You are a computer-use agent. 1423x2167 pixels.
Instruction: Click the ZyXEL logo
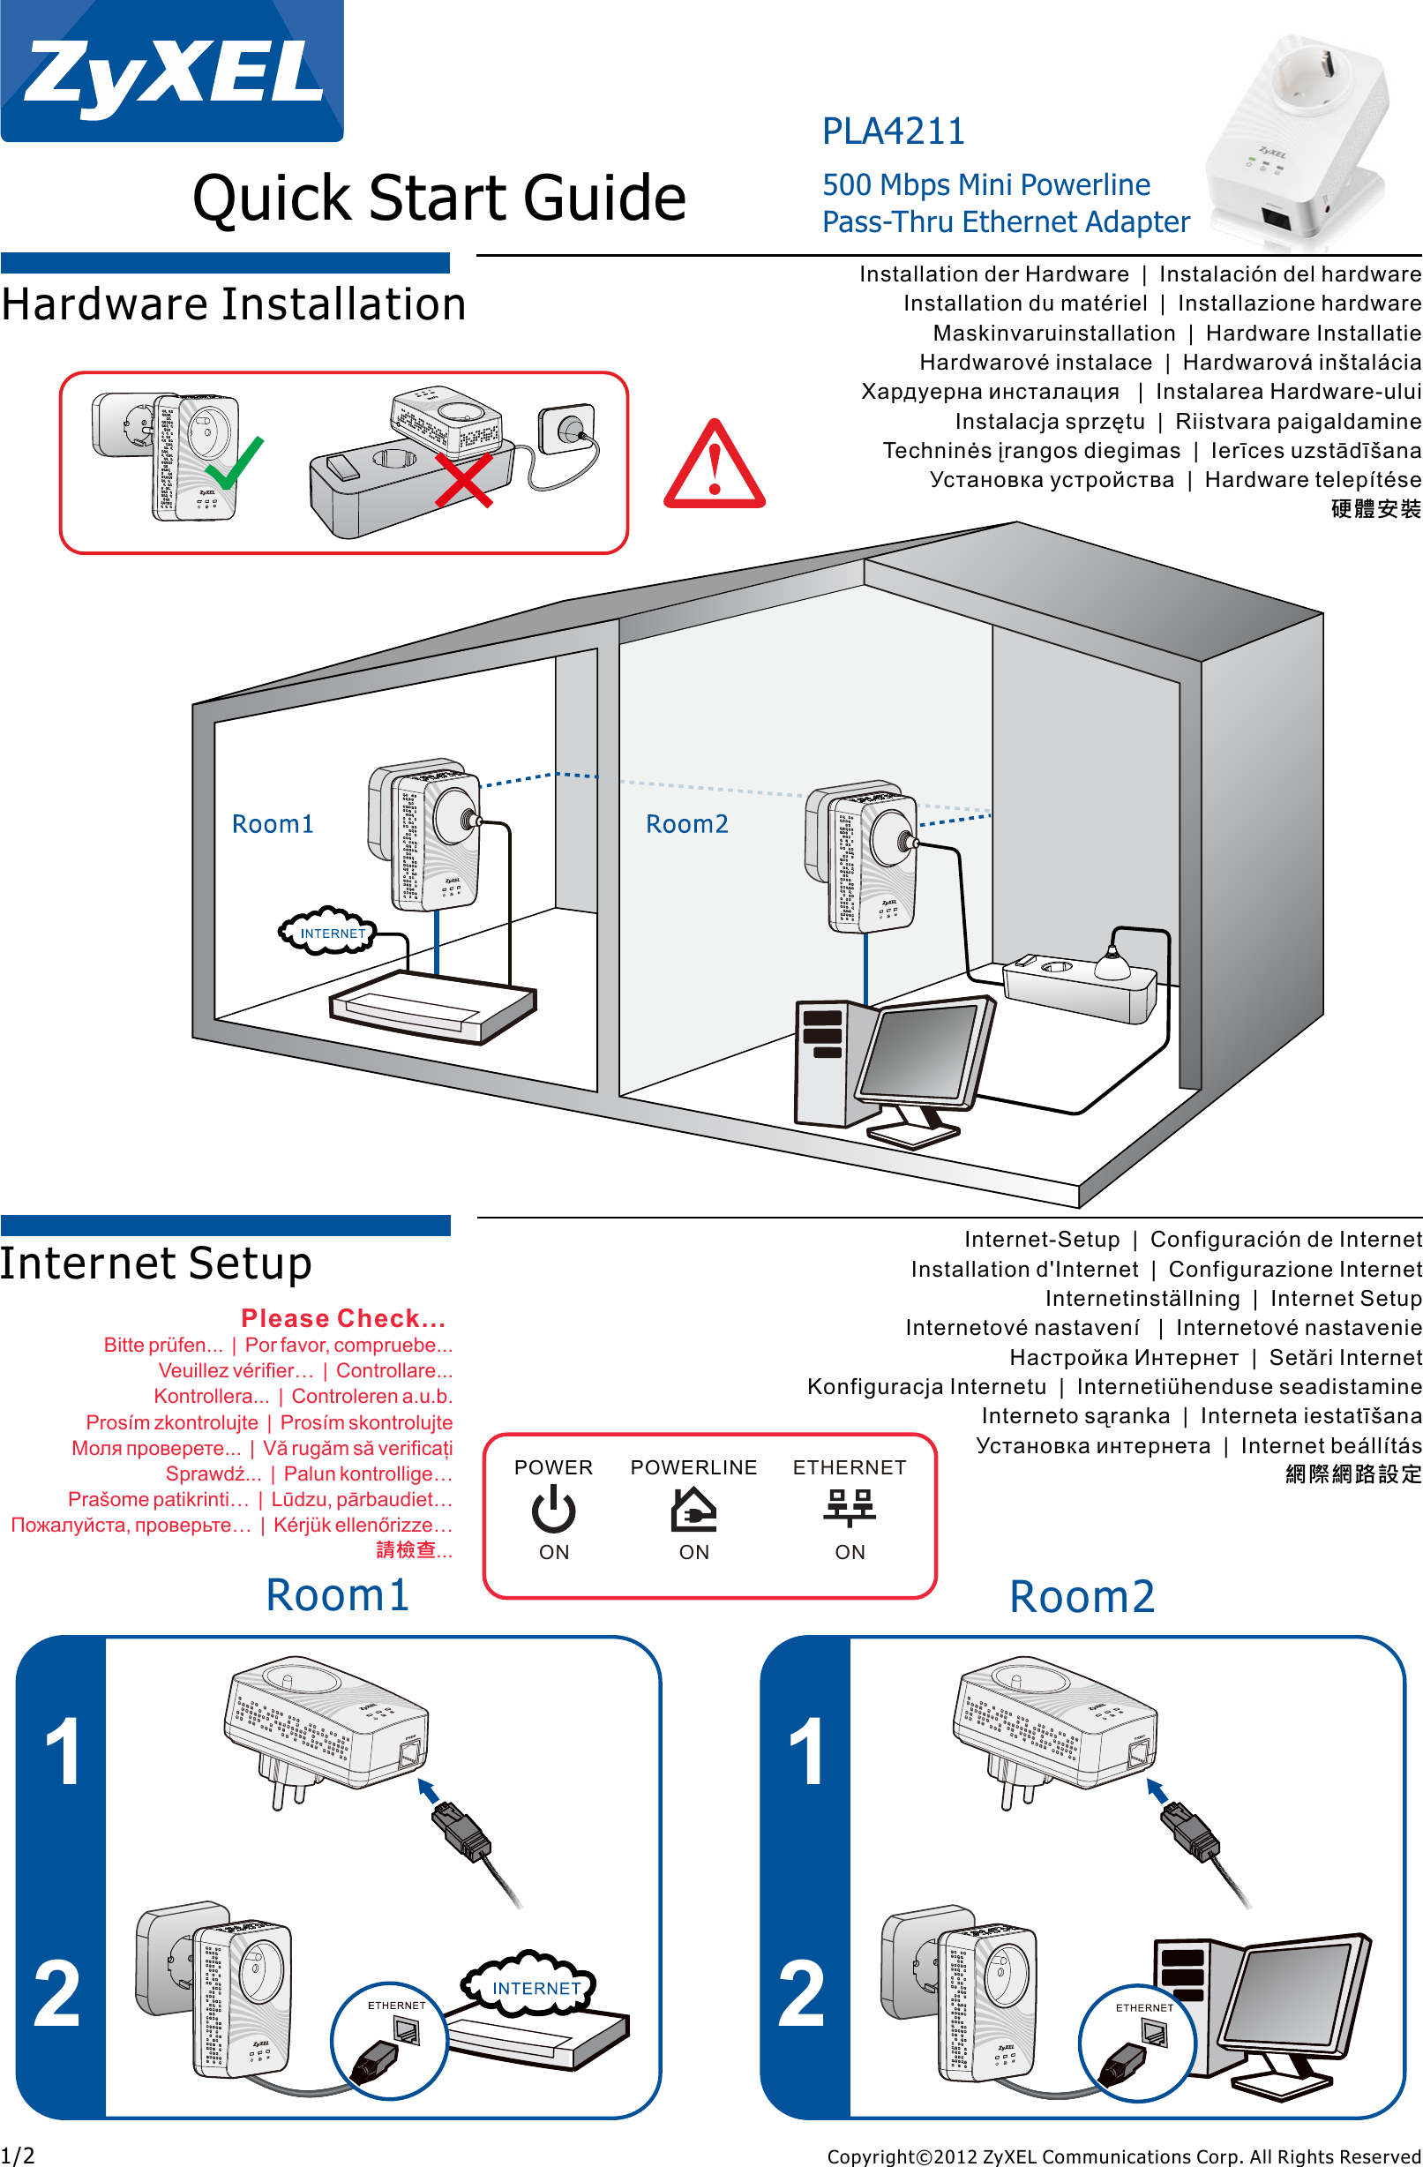coord(172,71)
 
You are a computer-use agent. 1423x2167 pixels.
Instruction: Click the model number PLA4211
coord(892,131)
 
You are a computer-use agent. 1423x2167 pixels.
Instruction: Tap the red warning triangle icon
coord(715,466)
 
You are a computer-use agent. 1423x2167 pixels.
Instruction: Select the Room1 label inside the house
coord(273,824)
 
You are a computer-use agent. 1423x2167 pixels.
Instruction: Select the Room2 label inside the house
coord(686,824)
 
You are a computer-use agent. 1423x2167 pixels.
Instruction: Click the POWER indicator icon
coord(553,1509)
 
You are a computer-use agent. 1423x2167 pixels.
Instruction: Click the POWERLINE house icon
coord(693,1509)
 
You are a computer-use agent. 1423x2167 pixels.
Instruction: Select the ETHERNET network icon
coord(849,1507)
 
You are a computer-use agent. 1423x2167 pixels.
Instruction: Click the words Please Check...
coord(343,1317)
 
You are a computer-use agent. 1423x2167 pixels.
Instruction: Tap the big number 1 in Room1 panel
coord(62,1752)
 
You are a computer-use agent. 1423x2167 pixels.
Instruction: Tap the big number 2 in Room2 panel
coord(801,1994)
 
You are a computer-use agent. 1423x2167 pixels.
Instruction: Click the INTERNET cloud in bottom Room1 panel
coord(535,1988)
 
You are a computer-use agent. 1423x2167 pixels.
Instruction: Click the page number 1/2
coord(18,2156)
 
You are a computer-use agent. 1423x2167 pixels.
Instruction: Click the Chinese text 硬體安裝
coord(1374,509)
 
